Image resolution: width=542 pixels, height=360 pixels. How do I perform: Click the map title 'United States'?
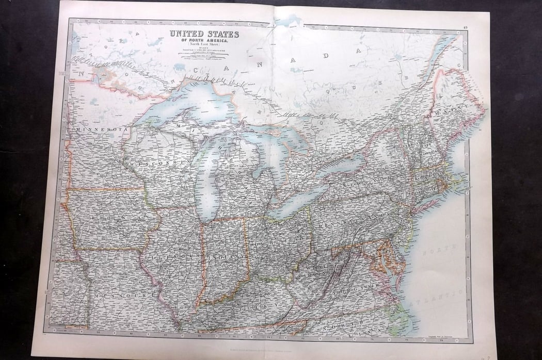(x=204, y=34)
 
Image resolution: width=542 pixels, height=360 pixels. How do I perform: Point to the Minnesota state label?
(x=101, y=129)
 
